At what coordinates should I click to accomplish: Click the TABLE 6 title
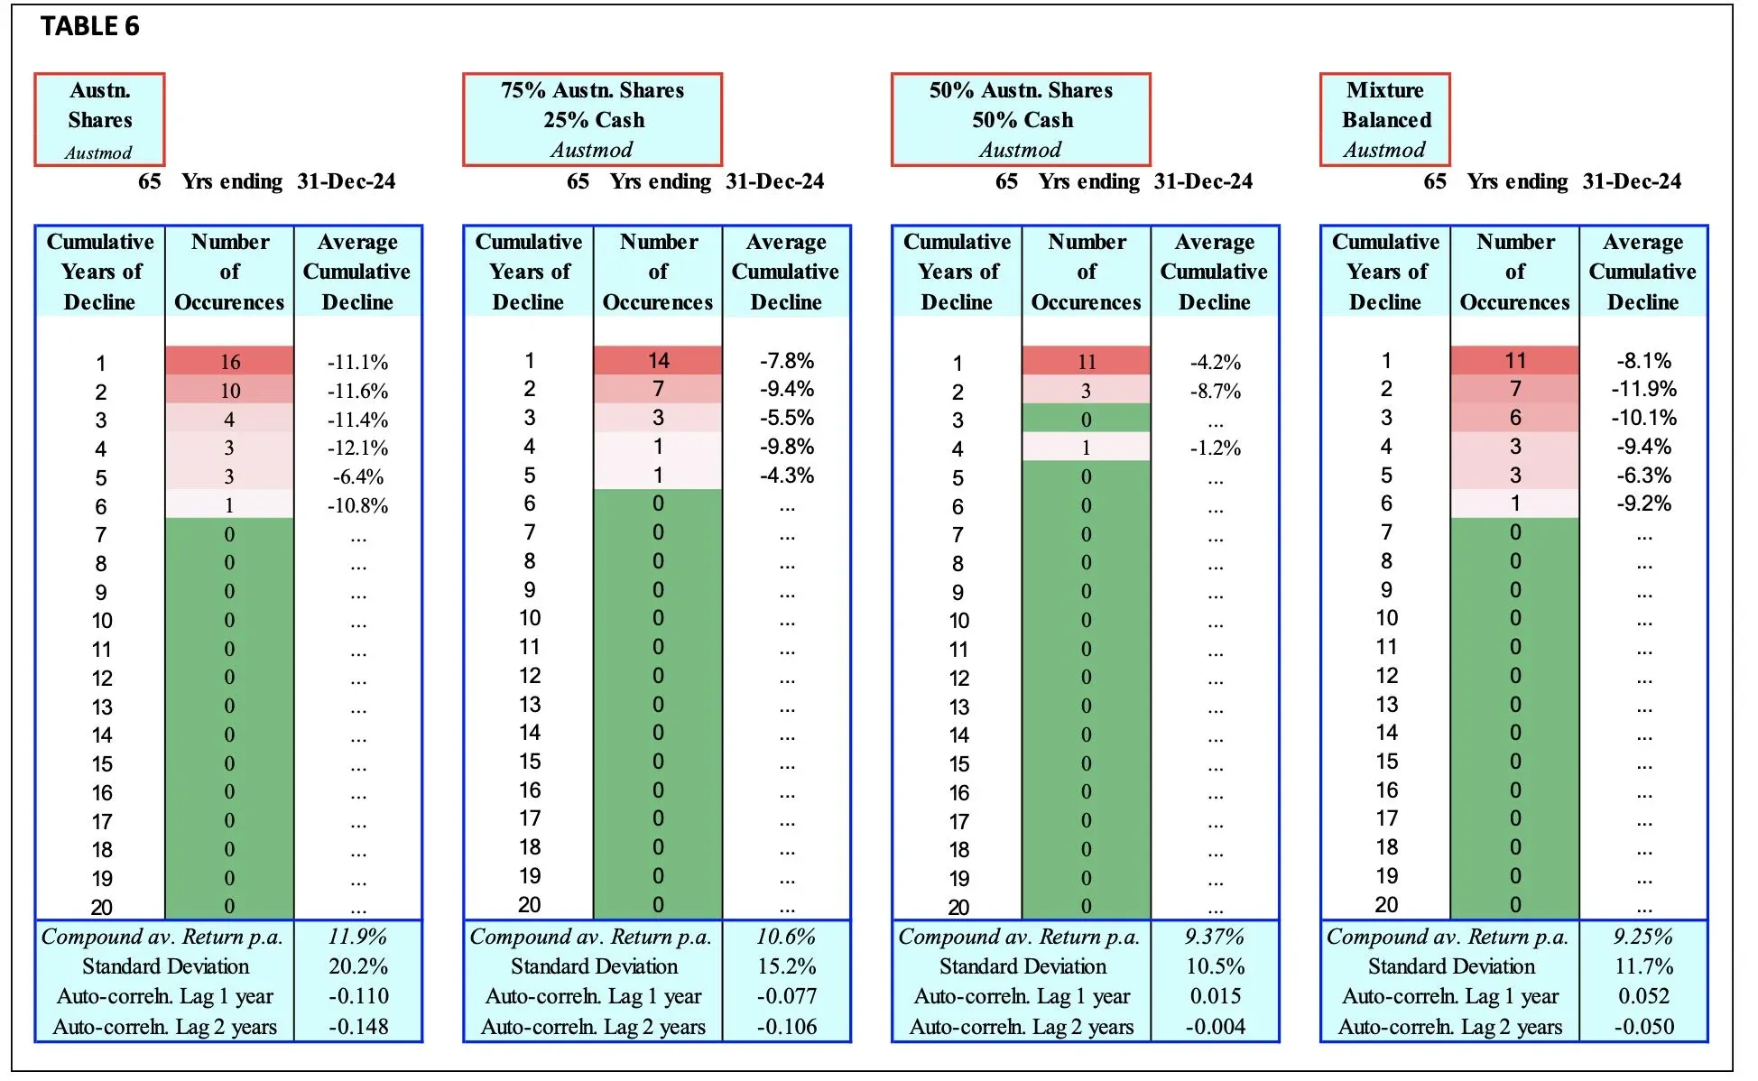coord(90,26)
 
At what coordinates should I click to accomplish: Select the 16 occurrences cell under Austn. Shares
coord(230,362)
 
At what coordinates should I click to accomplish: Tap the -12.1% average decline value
coord(357,448)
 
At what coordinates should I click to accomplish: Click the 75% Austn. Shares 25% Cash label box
coord(592,120)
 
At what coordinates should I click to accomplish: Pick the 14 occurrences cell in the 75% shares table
coord(658,361)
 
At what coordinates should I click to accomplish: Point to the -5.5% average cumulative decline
coord(786,418)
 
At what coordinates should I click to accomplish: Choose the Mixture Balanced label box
coord(1384,120)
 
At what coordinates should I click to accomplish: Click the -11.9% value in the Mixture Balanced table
coord(1643,389)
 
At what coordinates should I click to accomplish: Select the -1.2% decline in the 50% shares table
coord(1215,448)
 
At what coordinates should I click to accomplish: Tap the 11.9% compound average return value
coord(357,937)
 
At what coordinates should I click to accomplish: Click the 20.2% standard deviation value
coord(357,966)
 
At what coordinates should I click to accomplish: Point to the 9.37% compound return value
coord(1215,937)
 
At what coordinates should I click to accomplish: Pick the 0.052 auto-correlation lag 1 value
coord(1643,996)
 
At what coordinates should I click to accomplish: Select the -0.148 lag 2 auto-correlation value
coord(357,1027)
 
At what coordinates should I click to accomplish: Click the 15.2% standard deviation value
coord(786,966)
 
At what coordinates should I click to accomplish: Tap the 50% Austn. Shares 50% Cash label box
coord(1021,120)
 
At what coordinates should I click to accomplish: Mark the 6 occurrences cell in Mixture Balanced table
coord(1514,418)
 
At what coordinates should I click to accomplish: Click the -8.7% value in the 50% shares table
coord(1215,391)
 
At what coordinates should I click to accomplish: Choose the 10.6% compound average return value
coord(786,937)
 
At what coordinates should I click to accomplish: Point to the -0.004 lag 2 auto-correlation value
coord(1215,1027)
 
